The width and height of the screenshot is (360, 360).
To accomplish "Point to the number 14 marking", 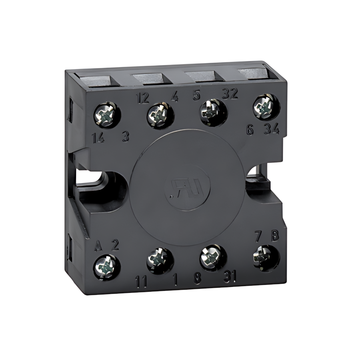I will click(98, 138).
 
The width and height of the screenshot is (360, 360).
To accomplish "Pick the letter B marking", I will click(275, 236).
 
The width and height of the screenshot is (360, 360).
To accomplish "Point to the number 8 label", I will click(197, 279).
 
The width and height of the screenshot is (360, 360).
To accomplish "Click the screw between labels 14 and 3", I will click(107, 116).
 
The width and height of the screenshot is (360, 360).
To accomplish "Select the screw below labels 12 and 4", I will click(160, 115).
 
